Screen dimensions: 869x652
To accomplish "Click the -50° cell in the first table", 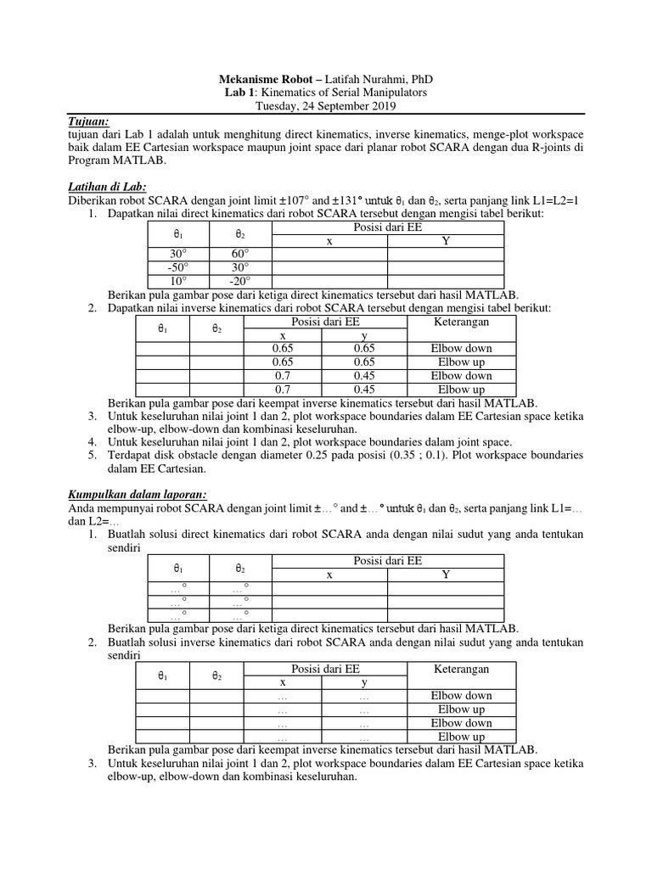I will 178,267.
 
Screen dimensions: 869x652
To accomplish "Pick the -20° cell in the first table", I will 240,281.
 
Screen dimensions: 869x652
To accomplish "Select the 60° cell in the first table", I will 240,254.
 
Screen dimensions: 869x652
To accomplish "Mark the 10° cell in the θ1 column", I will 178,281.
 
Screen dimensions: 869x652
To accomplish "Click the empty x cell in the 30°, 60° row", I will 329,254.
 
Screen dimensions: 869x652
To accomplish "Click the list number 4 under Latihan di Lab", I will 92,441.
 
